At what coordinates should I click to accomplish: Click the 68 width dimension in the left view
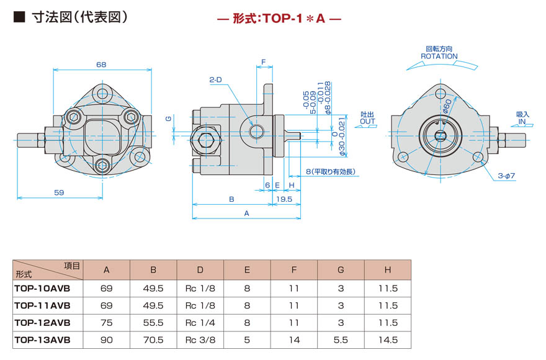[101, 65]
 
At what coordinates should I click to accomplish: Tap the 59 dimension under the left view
[59, 192]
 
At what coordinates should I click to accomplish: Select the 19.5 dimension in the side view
[284, 199]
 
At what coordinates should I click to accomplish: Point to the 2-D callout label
[216, 79]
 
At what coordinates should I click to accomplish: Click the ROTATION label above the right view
[439, 56]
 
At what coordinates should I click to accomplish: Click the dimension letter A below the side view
[246, 213]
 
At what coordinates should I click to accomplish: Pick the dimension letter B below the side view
[231, 199]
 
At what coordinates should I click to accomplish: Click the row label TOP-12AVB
[42, 323]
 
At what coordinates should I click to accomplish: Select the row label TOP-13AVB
[42, 340]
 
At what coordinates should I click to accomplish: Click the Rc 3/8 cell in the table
[200, 340]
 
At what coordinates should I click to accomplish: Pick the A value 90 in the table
[106, 340]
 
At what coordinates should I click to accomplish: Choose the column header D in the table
[200, 270]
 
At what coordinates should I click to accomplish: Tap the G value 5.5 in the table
[341, 340]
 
